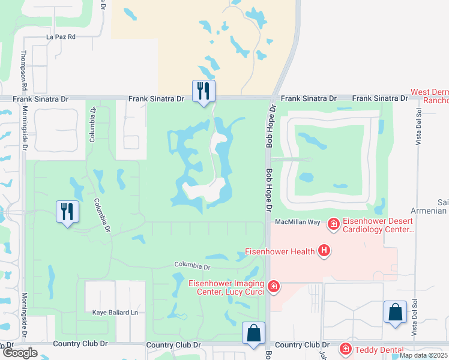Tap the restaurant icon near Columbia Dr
(x=67, y=212)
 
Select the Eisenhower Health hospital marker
(x=324, y=251)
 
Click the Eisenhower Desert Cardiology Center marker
(x=333, y=224)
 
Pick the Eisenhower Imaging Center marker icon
(x=274, y=287)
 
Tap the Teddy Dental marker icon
(x=345, y=349)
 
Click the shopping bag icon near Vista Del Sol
(x=395, y=312)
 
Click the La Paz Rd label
(x=61, y=37)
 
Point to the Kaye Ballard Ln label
(x=115, y=313)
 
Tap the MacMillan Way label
(x=298, y=222)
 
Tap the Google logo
(x=19, y=353)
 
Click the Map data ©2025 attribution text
(x=423, y=355)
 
